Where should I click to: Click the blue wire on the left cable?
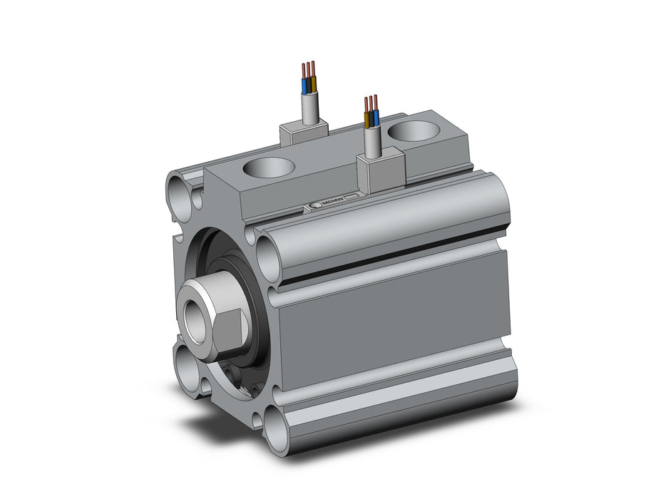point(304,86)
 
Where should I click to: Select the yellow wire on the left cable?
point(313,85)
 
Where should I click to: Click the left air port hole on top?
point(268,168)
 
